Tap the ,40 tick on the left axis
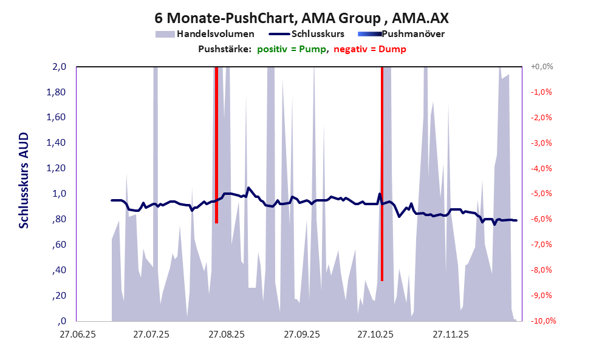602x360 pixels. coord(60,270)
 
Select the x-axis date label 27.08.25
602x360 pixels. coord(226,335)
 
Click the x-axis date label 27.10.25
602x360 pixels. coord(375,335)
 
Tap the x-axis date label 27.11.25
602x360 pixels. coord(450,335)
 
